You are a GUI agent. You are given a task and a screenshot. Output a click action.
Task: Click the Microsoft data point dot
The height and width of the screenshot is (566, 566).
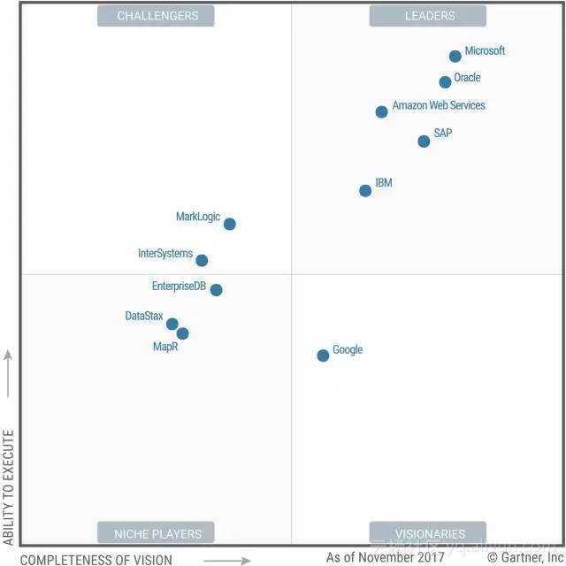tap(455, 57)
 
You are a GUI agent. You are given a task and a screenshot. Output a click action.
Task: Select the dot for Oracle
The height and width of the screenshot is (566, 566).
tap(446, 82)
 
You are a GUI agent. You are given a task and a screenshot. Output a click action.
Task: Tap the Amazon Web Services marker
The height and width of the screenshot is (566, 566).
tap(381, 111)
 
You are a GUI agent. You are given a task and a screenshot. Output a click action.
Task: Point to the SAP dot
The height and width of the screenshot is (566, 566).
tap(424, 141)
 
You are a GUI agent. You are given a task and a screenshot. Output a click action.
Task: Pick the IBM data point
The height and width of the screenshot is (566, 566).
tap(365, 191)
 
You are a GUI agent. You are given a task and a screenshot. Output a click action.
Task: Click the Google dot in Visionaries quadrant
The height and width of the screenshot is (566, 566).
tap(323, 356)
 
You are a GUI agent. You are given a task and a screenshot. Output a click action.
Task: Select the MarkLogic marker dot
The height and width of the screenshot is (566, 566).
tap(230, 224)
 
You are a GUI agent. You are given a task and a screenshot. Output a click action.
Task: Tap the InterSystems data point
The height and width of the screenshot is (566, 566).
tap(202, 260)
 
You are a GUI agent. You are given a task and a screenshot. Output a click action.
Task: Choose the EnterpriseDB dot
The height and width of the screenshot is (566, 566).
tap(216, 289)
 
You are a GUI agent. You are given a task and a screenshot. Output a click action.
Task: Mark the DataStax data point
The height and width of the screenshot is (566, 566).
tap(172, 324)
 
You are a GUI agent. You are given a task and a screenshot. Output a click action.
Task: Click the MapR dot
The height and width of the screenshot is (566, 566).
tap(182, 333)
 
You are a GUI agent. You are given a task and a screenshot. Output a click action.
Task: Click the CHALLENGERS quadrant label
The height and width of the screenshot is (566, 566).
tap(157, 16)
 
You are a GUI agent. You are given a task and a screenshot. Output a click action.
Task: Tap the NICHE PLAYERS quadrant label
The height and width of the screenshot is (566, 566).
tap(157, 533)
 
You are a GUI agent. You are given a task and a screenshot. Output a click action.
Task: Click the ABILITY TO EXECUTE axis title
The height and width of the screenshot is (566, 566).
tap(8, 486)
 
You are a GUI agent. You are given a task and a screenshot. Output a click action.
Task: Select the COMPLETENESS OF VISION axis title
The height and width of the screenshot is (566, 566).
tap(96, 559)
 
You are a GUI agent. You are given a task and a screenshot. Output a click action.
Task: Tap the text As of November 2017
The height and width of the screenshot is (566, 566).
tap(385, 557)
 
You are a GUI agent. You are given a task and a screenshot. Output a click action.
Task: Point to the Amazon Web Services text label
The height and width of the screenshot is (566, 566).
tap(439, 105)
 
